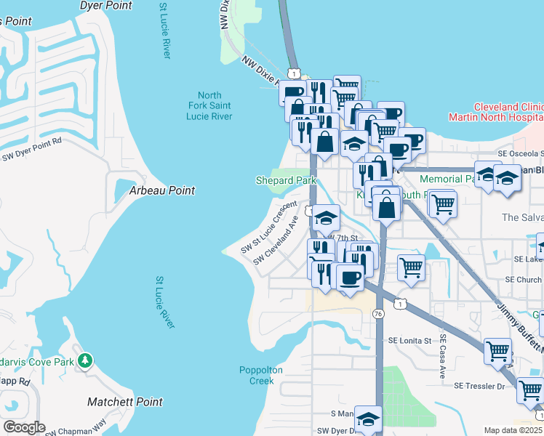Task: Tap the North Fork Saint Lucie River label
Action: click(209, 106)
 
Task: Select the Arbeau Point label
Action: click(162, 190)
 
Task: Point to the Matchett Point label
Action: click(119, 401)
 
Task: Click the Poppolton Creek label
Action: click(256, 375)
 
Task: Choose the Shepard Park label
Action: click(284, 180)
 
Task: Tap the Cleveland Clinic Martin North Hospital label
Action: click(495, 111)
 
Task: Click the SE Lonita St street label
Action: click(409, 340)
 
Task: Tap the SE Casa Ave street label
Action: click(441, 361)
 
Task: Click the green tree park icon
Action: click(86, 360)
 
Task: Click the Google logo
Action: click(24, 427)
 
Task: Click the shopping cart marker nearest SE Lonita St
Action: click(498, 352)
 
